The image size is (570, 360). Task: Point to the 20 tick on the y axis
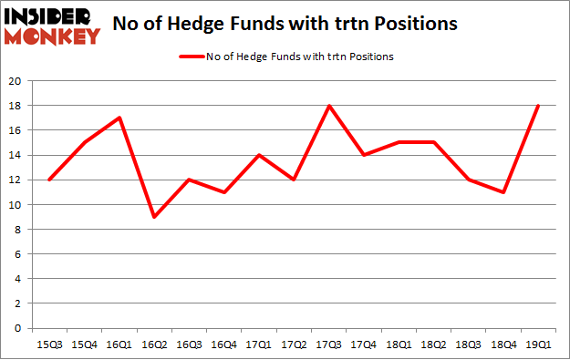pyautogui.click(x=16, y=80)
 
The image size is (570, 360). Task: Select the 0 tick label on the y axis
pyautogui.click(x=18, y=328)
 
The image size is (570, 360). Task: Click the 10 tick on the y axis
pyautogui.click(x=16, y=204)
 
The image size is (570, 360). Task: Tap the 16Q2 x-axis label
pyautogui.click(x=152, y=344)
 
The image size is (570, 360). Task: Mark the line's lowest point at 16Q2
pyautogui.click(x=152, y=216)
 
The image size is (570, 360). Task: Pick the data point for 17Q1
pyautogui.click(x=258, y=155)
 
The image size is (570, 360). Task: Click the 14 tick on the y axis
pyautogui.click(x=16, y=155)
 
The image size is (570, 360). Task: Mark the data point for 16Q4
pyautogui.click(x=223, y=191)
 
